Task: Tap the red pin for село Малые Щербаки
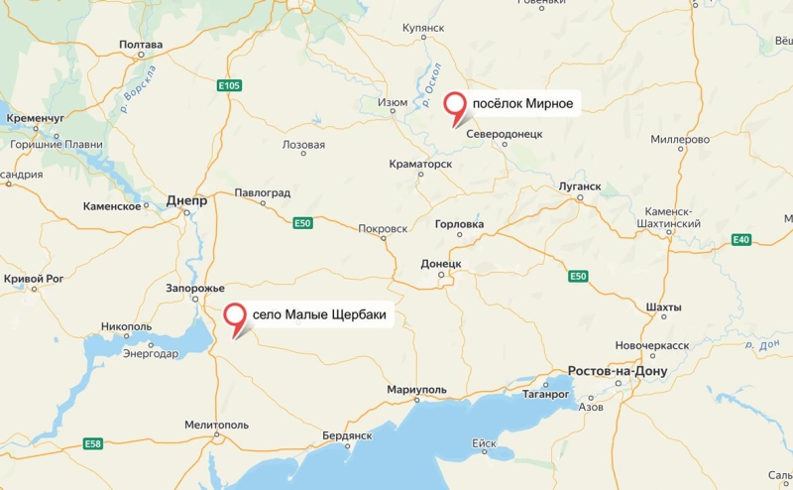(x=235, y=316)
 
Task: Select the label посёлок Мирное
(x=522, y=102)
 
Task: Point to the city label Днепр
(x=186, y=199)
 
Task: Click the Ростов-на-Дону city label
(x=618, y=372)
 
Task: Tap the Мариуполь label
(x=417, y=390)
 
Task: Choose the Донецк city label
(x=441, y=264)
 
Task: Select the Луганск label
(x=581, y=185)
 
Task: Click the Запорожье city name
(x=195, y=288)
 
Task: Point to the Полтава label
(x=140, y=45)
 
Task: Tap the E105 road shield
(x=229, y=86)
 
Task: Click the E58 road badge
(x=92, y=443)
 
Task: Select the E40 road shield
(x=741, y=240)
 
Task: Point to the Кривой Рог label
(x=34, y=279)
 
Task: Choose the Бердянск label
(x=347, y=435)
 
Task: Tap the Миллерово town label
(x=680, y=140)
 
